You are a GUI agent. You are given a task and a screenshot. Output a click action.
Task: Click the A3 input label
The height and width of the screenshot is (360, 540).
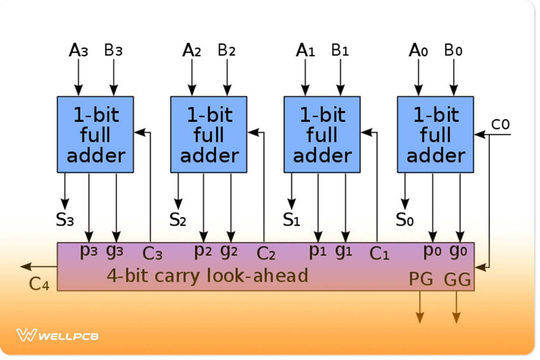79,50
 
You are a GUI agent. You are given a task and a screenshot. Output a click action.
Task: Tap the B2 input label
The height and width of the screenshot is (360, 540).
226,50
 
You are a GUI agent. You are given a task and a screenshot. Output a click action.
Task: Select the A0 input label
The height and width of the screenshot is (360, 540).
418,50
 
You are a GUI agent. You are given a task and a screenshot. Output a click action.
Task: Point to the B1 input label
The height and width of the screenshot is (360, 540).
340,50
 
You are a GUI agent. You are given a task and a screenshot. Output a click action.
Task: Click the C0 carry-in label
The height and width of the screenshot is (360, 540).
500,124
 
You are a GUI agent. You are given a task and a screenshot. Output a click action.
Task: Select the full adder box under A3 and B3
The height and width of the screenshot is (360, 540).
95,134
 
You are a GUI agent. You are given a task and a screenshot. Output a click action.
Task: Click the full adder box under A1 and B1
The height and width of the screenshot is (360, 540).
322,134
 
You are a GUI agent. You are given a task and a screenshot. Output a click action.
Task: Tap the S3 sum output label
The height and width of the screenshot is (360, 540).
65,220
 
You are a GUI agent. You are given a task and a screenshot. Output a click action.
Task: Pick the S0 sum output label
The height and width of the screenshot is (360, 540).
405,220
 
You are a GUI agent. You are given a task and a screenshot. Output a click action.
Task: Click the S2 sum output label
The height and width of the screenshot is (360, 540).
178,220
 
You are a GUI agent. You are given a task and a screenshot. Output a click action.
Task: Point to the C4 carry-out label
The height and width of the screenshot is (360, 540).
39,284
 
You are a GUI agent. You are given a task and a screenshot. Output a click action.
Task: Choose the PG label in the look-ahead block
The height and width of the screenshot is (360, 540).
421,279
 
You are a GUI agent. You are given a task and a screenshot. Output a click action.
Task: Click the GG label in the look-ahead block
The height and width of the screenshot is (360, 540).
457,279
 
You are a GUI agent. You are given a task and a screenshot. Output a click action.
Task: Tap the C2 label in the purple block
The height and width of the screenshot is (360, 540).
266,253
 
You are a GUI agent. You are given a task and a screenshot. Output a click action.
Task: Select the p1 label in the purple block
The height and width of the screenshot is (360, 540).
317,251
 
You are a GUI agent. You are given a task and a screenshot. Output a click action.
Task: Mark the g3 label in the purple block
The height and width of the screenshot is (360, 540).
115,251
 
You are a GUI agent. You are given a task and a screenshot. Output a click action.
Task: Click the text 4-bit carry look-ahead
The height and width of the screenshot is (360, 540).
207,275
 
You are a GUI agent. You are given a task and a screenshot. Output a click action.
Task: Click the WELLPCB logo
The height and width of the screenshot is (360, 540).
57,335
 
